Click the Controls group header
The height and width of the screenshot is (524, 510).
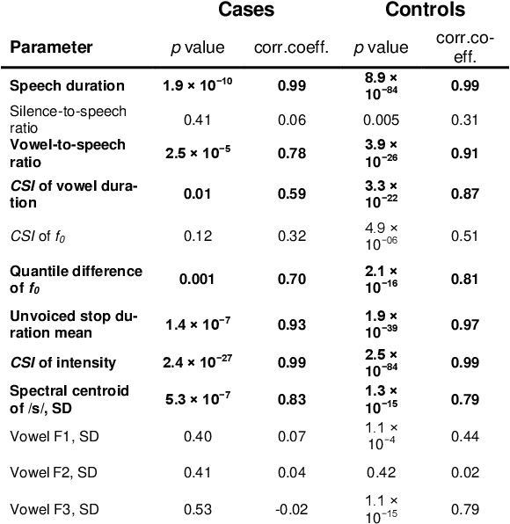click(x=425, y=11)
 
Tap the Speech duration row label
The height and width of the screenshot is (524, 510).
click(x=67, y=86)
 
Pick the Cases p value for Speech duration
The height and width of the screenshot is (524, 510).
click(x=199, y=85)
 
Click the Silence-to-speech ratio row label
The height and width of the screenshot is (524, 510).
click(x=67, y=119)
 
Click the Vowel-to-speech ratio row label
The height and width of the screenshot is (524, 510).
click(x=67, y=152)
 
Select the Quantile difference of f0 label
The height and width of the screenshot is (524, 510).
click(x=76, y=279)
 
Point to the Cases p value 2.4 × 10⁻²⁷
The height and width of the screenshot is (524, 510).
click(x=199, y=362)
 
